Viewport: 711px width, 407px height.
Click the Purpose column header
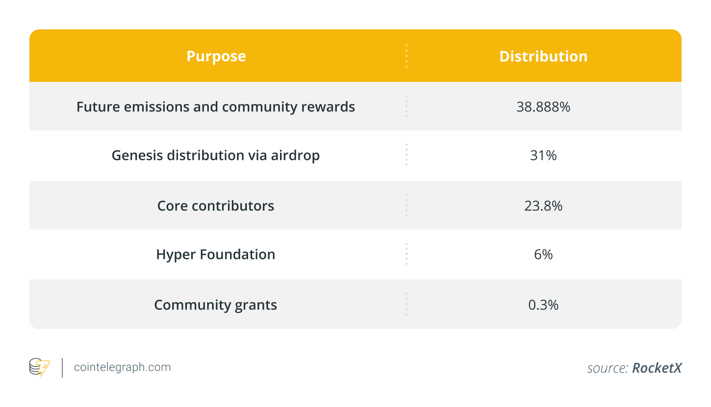[x=216, y=56]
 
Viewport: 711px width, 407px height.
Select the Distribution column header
[x=543, y=56]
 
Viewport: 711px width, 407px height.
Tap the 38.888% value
[x=543, y=107]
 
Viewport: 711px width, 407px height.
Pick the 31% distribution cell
[x=543, y=155]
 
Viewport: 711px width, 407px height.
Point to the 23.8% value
[x=543, y=205]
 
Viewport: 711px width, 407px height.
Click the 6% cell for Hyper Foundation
[x=543, y=254]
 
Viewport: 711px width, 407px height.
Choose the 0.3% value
[x=543, y=305]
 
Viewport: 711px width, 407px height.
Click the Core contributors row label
[x=216, y=205]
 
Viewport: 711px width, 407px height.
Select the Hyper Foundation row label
[x=216, y=254]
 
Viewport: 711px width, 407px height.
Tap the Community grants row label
[x=216, y=305]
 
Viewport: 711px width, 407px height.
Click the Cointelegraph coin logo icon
[x=39, y=367]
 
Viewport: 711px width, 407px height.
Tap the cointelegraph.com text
[x=122, y=367]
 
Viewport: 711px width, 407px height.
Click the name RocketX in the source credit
[x=657, y=368]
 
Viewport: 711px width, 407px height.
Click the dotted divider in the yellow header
[x=406, y=56]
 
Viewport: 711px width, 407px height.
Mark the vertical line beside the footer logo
[x=62, y=367]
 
